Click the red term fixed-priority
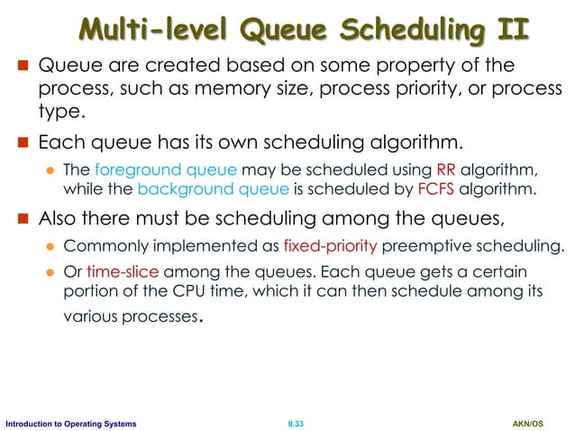click(x=322, y=247)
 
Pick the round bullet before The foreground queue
click(x=51, y=172)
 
